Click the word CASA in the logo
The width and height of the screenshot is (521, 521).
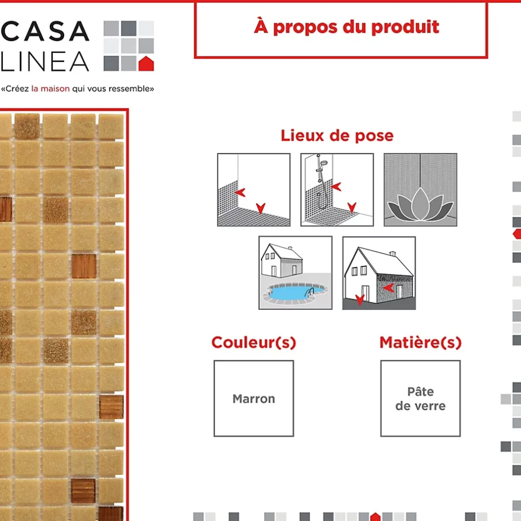45,32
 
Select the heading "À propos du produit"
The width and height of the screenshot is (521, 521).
346,27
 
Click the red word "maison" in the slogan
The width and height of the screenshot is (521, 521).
55,89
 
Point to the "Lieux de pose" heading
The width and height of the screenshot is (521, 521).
337,135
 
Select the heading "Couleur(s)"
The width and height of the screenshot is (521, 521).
253,343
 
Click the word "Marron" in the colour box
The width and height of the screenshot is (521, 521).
253,399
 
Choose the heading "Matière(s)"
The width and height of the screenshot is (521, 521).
420,343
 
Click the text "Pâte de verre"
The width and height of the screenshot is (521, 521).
420,399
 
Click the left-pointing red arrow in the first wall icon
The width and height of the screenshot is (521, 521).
239,192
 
